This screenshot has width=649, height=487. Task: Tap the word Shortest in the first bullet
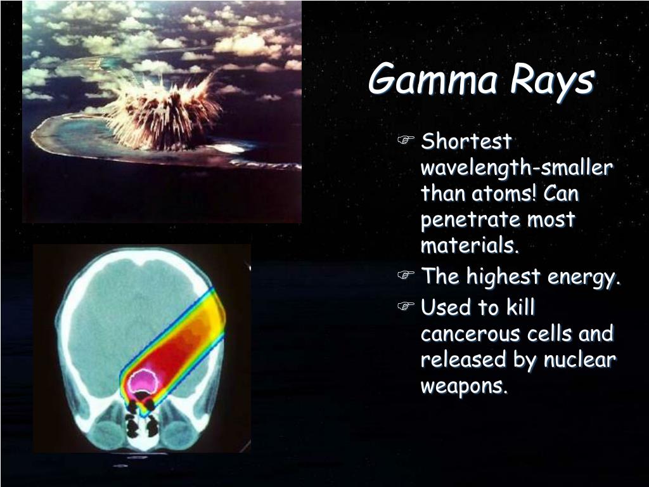click(x=466, y=141)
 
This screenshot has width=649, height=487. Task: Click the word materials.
click(x=470, y=245)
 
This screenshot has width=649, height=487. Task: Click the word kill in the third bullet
click(x=520, y=308)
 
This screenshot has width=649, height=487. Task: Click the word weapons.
click(x=464, y=386)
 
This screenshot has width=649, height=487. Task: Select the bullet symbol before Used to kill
click(x=406, y=307)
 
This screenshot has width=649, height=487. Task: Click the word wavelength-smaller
click(x=517, y=168)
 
